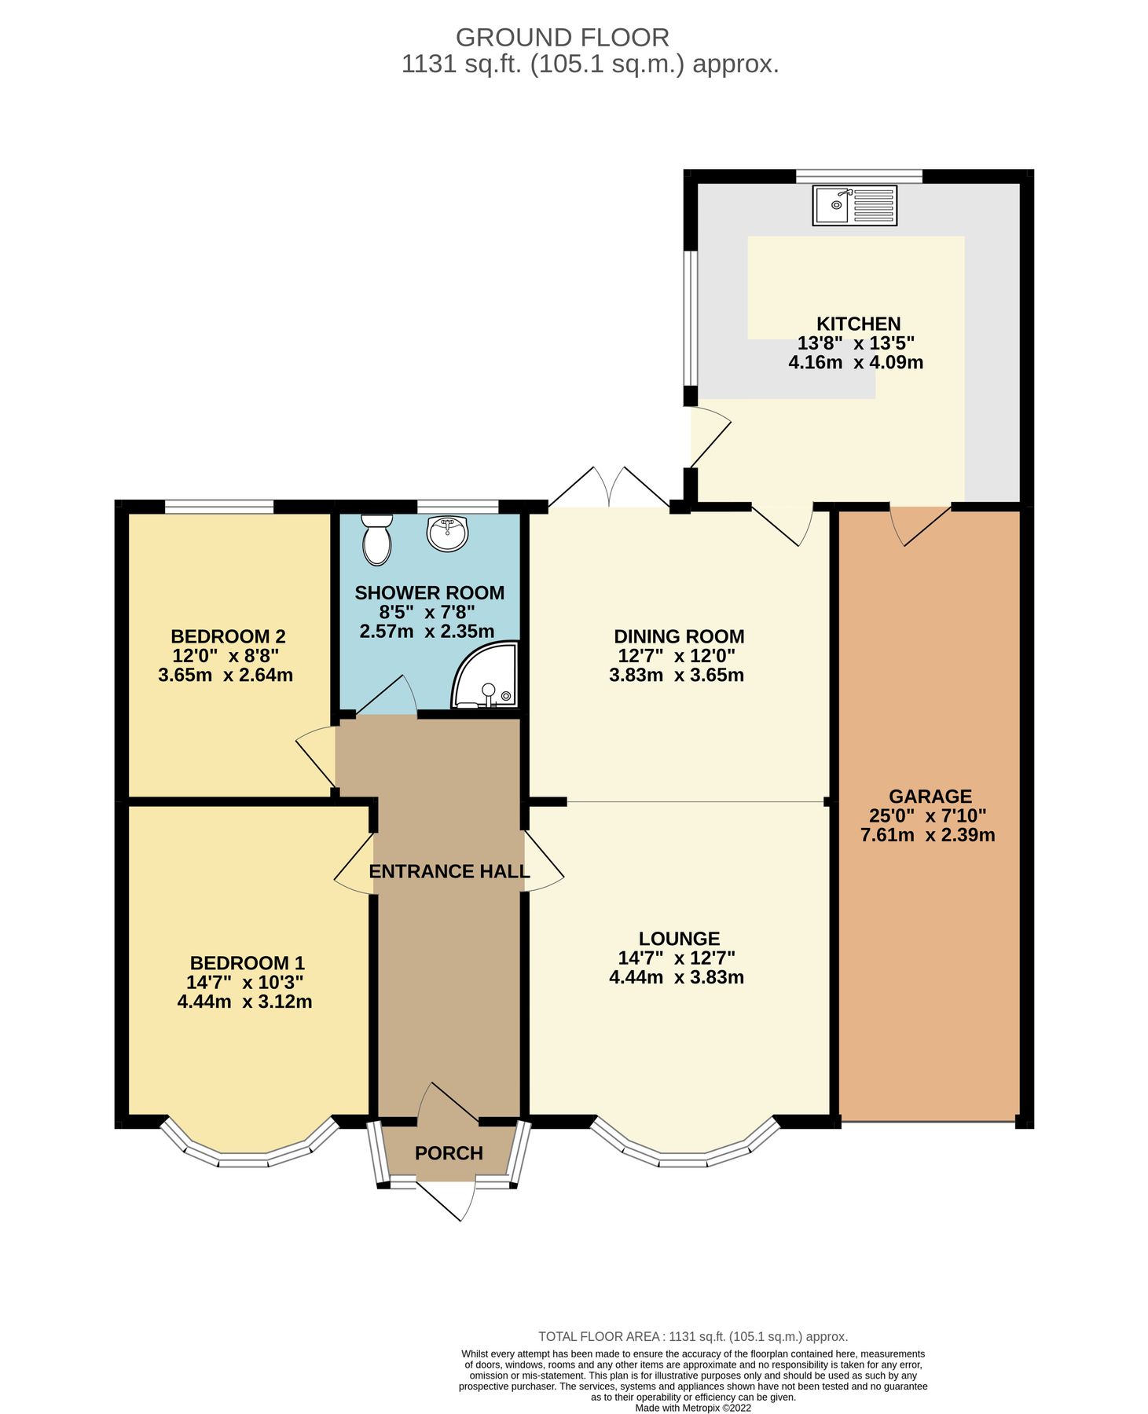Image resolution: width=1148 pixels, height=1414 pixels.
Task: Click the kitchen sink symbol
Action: tap(855, 205)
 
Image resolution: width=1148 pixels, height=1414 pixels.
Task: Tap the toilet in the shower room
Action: tap(377, 540)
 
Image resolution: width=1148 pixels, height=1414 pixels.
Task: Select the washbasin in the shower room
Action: tap(447, 533)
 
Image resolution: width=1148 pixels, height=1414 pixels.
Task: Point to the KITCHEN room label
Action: tap(858, 324)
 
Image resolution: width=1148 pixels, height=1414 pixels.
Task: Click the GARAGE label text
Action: tap(930, 796)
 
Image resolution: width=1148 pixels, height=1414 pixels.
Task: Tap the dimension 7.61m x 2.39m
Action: tap(927, 835)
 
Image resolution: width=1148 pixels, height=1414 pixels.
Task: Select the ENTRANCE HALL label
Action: tap(449, 871)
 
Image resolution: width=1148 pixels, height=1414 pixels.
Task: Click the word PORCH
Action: tap(449, 1153)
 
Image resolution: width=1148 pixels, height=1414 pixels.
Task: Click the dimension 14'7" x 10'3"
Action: tap(244, 982)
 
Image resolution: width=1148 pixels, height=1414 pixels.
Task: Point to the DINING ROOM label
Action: tap(679, 636)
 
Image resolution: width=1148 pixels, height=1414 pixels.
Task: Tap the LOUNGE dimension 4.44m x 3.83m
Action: tap(677, 977)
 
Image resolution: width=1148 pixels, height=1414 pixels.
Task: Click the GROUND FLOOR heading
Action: tap(562, 37)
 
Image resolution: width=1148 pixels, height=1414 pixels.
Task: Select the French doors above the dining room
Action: tap(607, 488)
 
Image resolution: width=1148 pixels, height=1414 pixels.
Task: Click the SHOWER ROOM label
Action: tap(429, 593)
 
